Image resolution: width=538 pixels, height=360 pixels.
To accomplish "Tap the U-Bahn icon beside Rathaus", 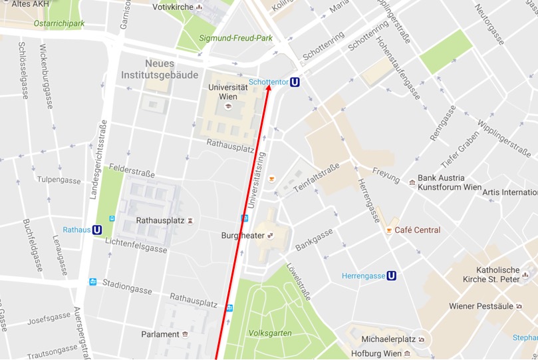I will pyautogui.click(x=97, y=230).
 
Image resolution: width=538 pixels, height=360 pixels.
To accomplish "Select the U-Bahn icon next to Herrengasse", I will pyautogui.click(x=392, y=275).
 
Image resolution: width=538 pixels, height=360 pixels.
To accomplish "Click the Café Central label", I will pyautogui.click(x=417, y=230).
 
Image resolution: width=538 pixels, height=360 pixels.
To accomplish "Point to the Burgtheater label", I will pyautogui.click(x=243, y=236).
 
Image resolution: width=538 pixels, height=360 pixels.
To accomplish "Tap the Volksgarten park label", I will pyautogui.click(x=269, y=333).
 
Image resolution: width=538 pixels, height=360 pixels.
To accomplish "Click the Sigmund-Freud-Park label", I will pyautogui.click(x=236, y=38).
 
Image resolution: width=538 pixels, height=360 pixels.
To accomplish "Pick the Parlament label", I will pyautogui.click(x=160, y=334).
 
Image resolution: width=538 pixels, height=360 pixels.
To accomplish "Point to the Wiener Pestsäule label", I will pyautogui.click(x=481, y=306).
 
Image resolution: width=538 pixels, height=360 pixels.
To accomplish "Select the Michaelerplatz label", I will pyautogui.click(x=384, y=339).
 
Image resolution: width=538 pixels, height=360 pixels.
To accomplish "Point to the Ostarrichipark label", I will pyautogui.click(x=59, y=23).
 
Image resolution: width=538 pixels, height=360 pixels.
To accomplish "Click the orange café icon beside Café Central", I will pyautogui.click(x=389, y=230).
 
